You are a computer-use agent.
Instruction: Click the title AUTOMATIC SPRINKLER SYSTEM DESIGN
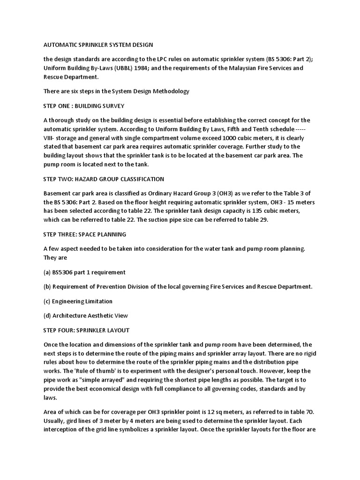pos(98,45)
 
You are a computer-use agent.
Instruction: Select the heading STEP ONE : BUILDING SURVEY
pos(84,105)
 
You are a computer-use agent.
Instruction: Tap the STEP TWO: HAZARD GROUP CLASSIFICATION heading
pos(104,179)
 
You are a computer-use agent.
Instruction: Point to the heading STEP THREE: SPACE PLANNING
pos(85,234)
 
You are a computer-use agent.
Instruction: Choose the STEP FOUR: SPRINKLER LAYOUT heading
pos(86,330)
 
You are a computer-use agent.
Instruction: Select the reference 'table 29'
pos(254,220)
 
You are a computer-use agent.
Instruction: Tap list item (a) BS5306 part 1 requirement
pos(84,272)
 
